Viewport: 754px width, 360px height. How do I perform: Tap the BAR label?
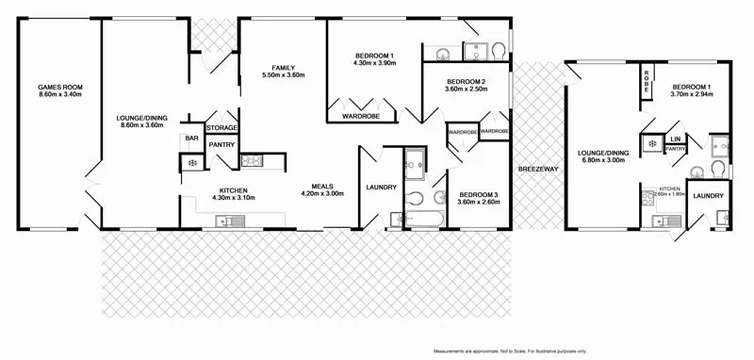(x=191, y=139)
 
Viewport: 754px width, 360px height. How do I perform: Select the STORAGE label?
(x=221, y=127)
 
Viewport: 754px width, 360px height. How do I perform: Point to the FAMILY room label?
(x=284, y=68)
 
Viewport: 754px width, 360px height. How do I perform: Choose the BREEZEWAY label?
(x=538, y=169)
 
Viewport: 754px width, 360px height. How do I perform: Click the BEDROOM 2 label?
(x=467, y=82)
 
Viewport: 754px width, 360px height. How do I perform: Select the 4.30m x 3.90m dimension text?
(x=373, y=63)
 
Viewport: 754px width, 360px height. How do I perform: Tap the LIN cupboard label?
(x=675, y=139)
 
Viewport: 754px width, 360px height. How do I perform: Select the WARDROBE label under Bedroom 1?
(x=353, y=117)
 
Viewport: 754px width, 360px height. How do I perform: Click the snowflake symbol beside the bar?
(x=191, y=163)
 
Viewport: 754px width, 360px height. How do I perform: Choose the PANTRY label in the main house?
(x=221, y=144)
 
